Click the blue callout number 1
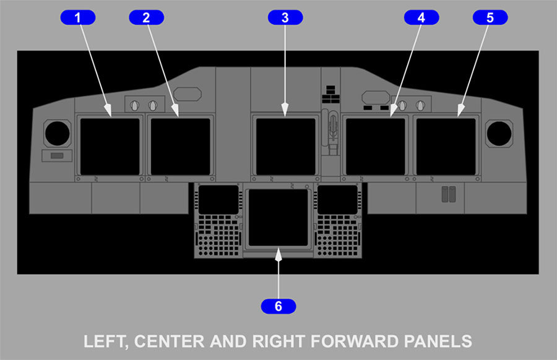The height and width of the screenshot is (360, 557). point(78,17)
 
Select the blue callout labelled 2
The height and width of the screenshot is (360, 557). point(146,17)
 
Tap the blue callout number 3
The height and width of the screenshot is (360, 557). point(285,17)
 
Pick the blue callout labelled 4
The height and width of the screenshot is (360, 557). point(421,17)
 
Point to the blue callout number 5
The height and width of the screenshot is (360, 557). point(490,17)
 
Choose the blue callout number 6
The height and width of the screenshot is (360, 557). point(278,306)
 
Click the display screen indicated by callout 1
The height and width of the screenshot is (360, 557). point(110,147)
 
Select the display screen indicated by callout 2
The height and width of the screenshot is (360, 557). point(181,147)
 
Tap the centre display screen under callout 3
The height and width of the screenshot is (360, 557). point(285,147)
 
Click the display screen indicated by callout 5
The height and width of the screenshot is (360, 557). point(446,147)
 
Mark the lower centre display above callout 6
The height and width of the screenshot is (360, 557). point(278,217)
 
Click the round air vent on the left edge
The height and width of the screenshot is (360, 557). point(57,134)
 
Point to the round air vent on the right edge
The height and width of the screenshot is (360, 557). point(499,134)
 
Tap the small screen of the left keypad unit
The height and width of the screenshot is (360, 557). point(218,200)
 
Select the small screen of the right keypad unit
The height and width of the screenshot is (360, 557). point(337,200)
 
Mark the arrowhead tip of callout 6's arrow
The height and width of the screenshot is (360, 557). point(278,249)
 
